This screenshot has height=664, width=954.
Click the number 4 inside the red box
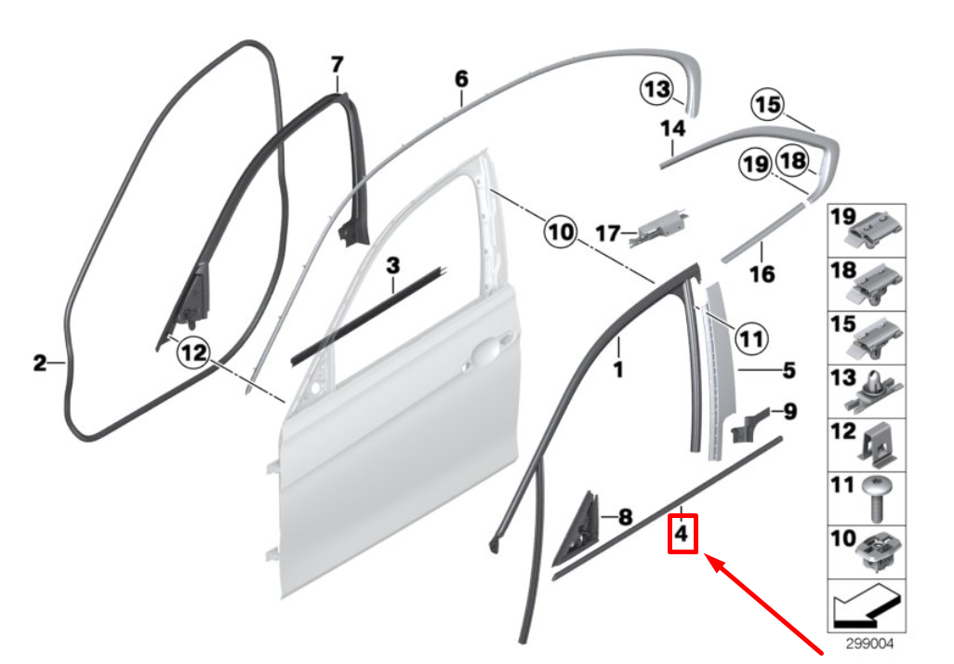click(x=682, y=535)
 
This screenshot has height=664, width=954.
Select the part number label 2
click(x=39, y=363)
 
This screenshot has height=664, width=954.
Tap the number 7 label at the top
click(x=337, y=64)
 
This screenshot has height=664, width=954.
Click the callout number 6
click(x=461, y=79)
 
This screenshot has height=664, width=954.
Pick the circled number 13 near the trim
click(x=656, y=89)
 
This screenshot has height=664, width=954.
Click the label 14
click(x=672, y=127)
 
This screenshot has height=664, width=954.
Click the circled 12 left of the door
click(x=192, y=352)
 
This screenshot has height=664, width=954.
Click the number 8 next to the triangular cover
click(x=624, y=516)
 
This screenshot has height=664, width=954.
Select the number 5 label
click(x=788, y=371)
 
